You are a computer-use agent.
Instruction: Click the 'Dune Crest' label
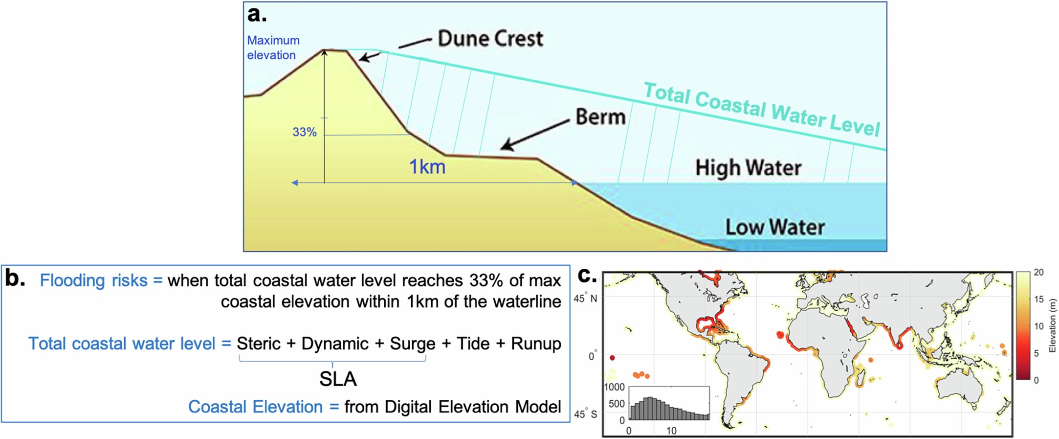point(490,39)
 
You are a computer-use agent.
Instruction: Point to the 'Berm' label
point(600,117)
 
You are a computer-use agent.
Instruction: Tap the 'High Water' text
point(748,168)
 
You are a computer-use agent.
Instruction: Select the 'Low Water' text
point(774,227)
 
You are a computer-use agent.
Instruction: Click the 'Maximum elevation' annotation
point(273,47)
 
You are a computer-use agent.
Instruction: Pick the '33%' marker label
point(305,132)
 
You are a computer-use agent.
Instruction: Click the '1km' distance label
point(427,167)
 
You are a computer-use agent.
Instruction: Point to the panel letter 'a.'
point(257,15)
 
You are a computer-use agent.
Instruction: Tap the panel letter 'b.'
point(15,278)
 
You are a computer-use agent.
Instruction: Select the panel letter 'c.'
point(587,276)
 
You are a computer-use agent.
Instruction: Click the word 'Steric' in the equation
point(259,344)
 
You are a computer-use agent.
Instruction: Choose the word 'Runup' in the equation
point(536,344)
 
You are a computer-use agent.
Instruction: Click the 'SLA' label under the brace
point(338,379)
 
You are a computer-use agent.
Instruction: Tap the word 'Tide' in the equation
point(473,344)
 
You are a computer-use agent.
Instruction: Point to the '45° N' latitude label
point(586,298)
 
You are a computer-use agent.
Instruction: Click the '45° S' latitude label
point(586,415)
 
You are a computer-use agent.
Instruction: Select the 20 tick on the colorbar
point(1039,273)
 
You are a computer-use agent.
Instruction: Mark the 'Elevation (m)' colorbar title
point(1053,326)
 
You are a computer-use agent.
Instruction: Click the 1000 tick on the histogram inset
point(615,387)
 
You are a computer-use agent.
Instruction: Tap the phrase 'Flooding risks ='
point(101,280)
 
